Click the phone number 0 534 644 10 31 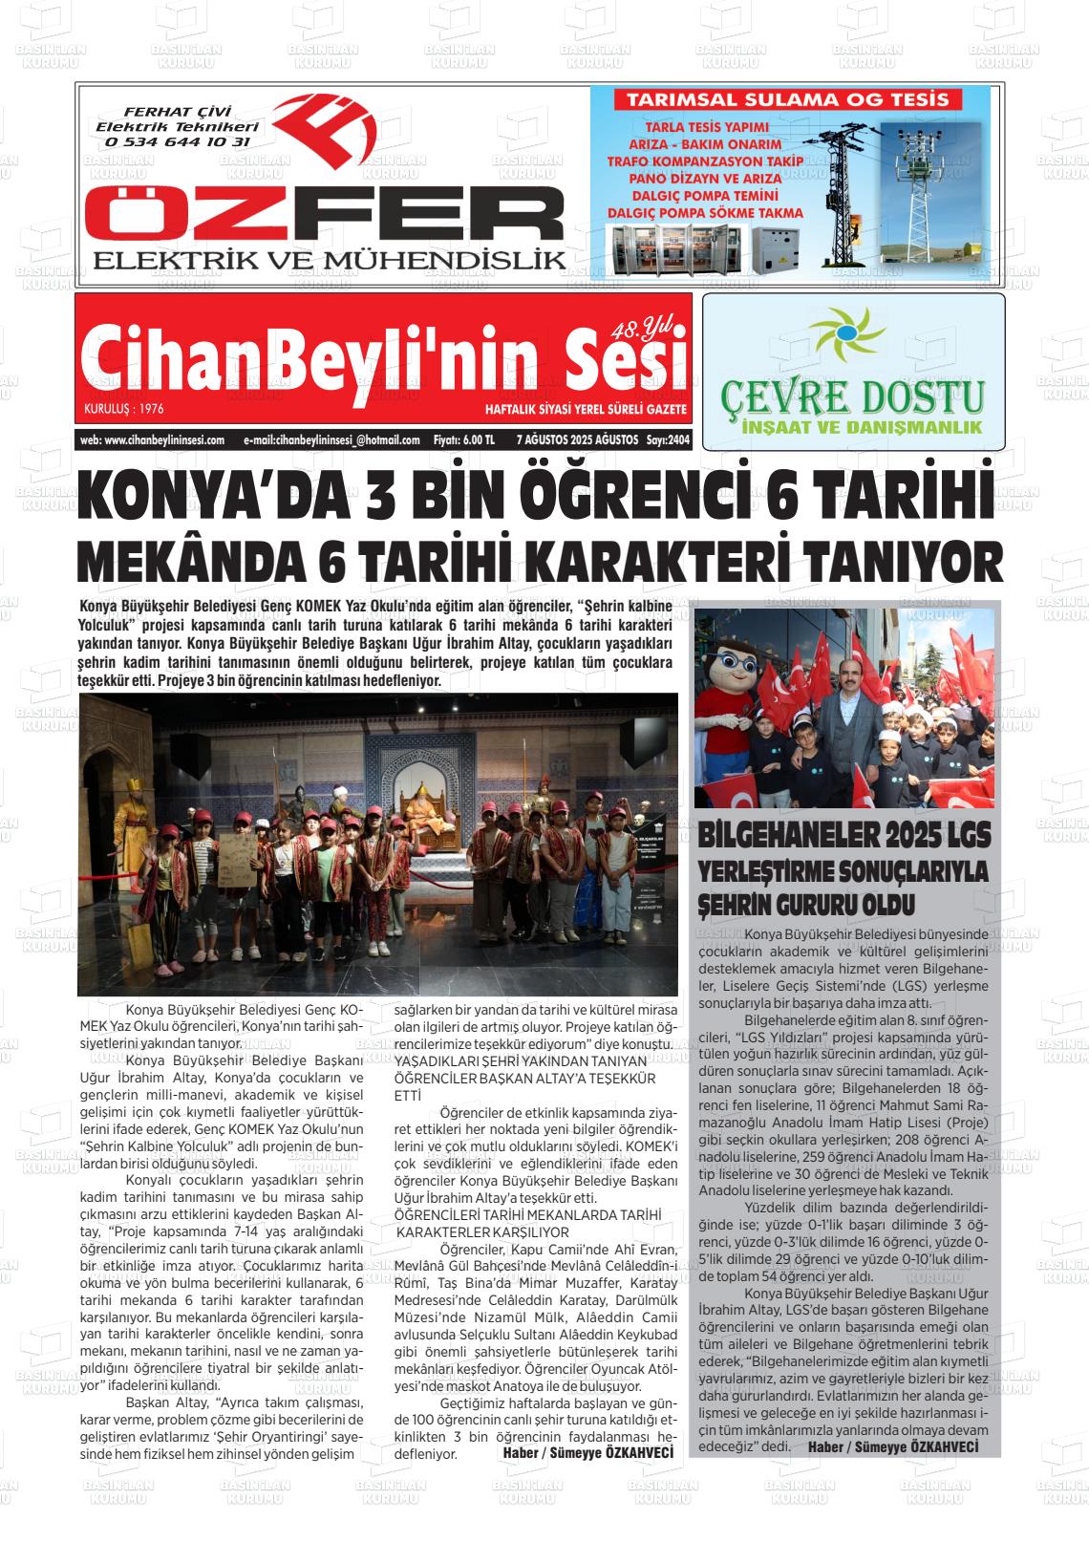[178, 141]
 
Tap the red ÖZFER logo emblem [325, 134]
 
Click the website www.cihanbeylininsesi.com [153, 440]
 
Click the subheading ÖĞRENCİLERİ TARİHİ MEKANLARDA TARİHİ [528, 1214]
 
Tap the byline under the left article [587, 1452]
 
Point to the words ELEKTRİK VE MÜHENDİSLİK [330, 259]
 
